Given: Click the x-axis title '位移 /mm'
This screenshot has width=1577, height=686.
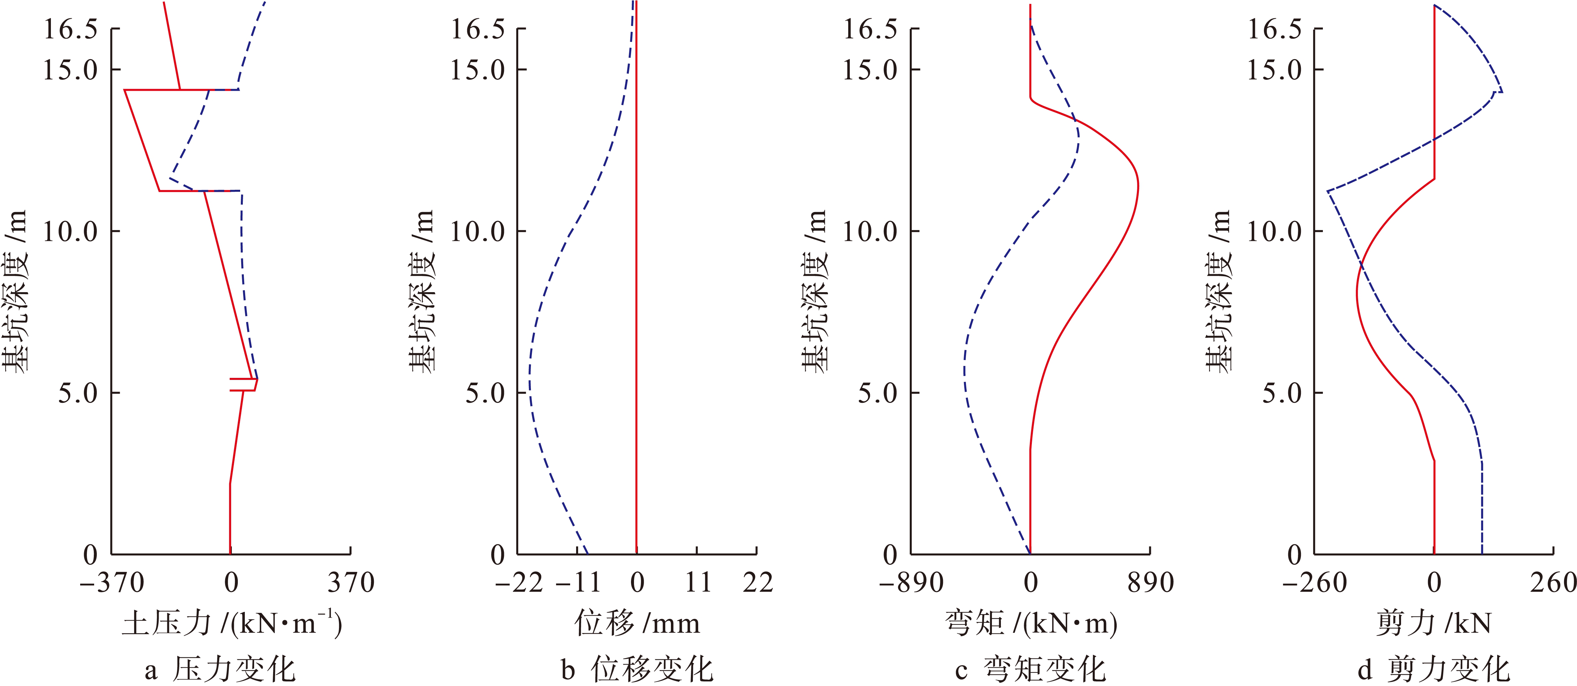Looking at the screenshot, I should point(637,624).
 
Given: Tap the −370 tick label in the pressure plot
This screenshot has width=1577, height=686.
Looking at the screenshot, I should point(112,583).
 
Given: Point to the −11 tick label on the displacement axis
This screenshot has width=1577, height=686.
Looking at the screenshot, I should point(578,583).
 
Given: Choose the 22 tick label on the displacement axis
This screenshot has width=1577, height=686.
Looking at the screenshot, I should point(758,583).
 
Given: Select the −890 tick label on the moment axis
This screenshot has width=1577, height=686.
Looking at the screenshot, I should point(911,583).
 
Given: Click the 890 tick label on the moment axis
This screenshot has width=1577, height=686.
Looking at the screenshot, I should point(1150,583).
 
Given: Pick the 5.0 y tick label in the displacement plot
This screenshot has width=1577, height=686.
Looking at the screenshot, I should point(485,393).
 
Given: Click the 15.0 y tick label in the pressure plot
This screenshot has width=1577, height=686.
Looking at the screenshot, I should point(70,70).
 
